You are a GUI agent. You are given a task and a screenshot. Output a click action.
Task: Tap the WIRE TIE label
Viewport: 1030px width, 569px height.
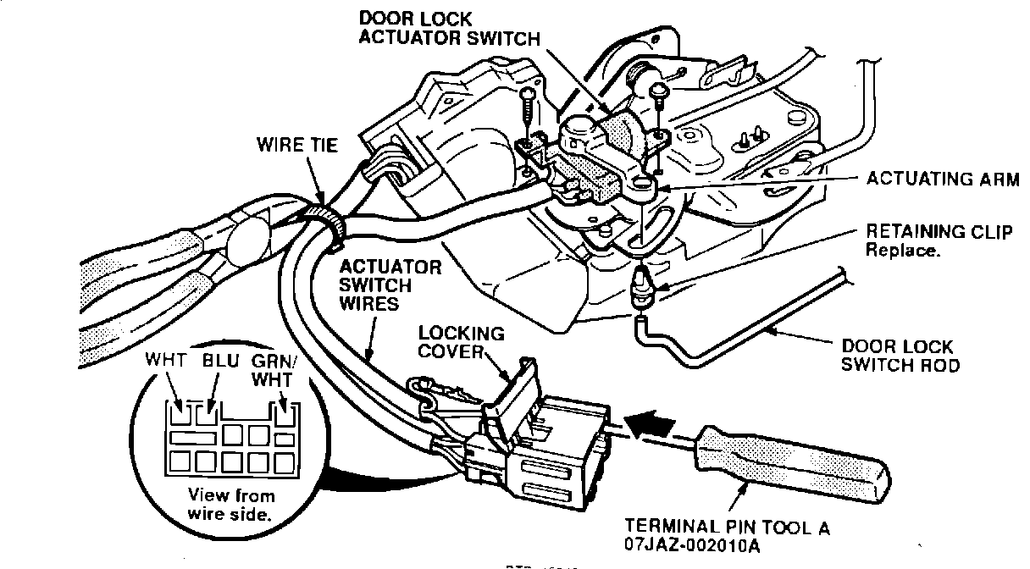point(297,145)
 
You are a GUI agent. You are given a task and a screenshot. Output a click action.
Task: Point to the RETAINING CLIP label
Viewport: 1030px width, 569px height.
point(939,232)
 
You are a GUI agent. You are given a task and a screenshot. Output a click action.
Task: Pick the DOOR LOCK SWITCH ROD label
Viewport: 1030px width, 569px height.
point(899,356)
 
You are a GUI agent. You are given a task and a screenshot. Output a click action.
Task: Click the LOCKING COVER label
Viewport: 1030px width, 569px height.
point(462,344)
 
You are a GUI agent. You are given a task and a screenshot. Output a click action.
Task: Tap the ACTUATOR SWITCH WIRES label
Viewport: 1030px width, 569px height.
point(390,284)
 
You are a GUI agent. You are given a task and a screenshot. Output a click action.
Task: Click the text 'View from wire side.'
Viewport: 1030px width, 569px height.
point(219,505)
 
